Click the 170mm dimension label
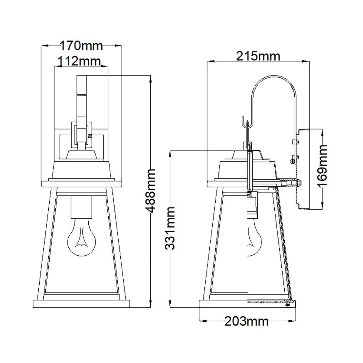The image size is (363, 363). [x=81, y=46]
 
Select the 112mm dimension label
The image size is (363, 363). [x=79, y=61]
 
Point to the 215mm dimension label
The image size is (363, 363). [x=258, y=56]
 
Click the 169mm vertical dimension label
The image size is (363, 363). [x=323, y=166]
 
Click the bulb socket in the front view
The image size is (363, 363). [x=81, y=207]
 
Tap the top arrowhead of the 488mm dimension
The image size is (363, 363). [x=150, y=79]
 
